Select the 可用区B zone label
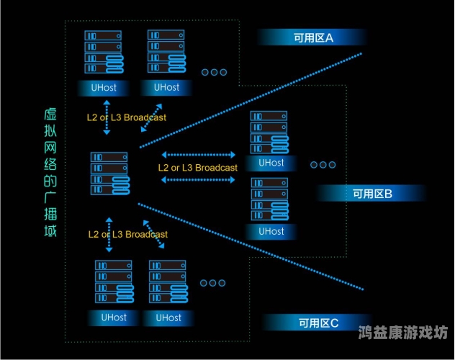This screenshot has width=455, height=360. click(371, 194)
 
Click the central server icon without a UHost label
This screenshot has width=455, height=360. click(109, 173)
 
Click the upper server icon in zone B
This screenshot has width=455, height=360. click(270, 132)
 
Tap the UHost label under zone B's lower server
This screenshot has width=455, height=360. click(271, 231)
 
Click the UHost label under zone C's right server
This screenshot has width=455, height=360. click(168, 317)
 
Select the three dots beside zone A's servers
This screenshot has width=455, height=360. click(214, 73)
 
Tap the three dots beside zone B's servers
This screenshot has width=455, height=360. click(323, 164)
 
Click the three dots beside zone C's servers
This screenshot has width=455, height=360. click(213, 283)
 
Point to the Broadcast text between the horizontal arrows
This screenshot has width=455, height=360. click(197, 168)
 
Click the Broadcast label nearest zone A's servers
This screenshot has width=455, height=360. click(127, 117)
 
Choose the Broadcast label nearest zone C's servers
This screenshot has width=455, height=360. click(127, 234)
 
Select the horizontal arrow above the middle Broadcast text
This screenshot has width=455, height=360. click(199, 154)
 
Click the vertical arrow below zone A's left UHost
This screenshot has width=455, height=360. click(107, 119)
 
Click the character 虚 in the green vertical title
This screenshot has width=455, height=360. click(50, 115)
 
